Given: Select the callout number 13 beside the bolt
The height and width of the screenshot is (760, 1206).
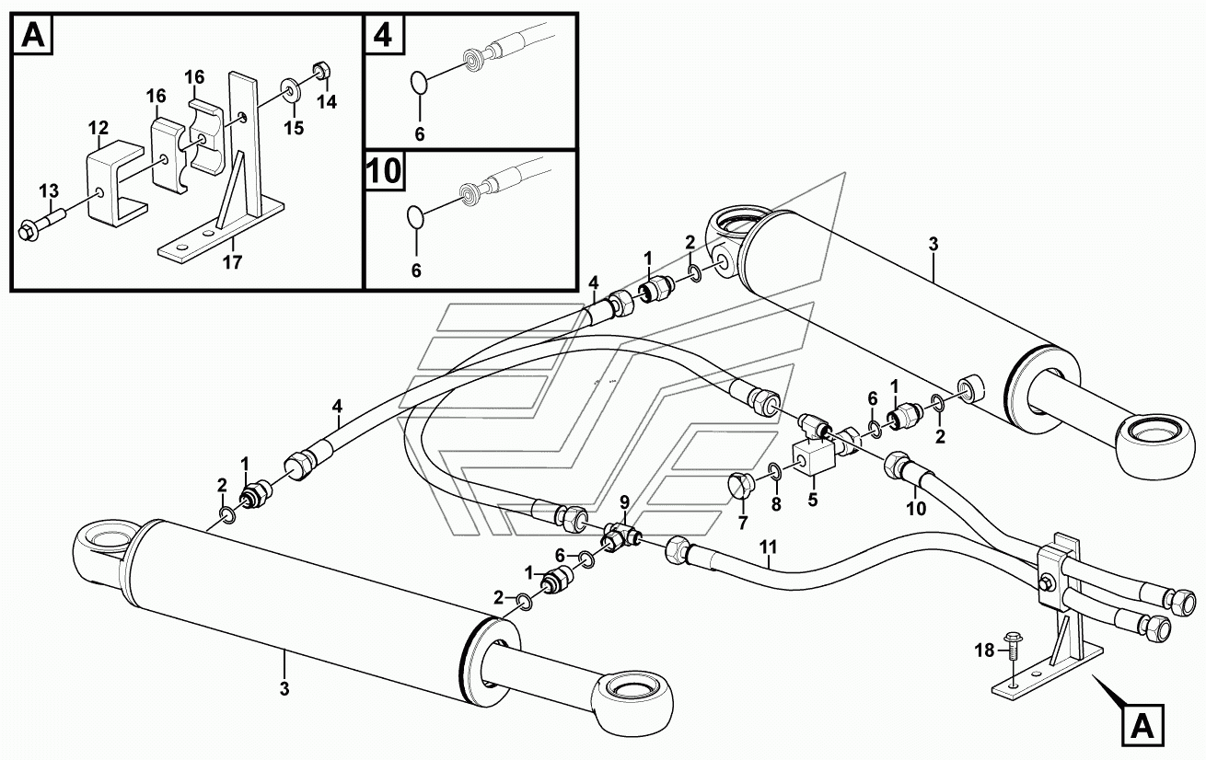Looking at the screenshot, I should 49,190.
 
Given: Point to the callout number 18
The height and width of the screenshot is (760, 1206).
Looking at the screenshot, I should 984,650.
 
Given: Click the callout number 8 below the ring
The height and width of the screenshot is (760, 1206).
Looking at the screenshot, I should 775,503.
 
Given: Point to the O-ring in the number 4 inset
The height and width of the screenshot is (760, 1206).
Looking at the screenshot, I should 418,83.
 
